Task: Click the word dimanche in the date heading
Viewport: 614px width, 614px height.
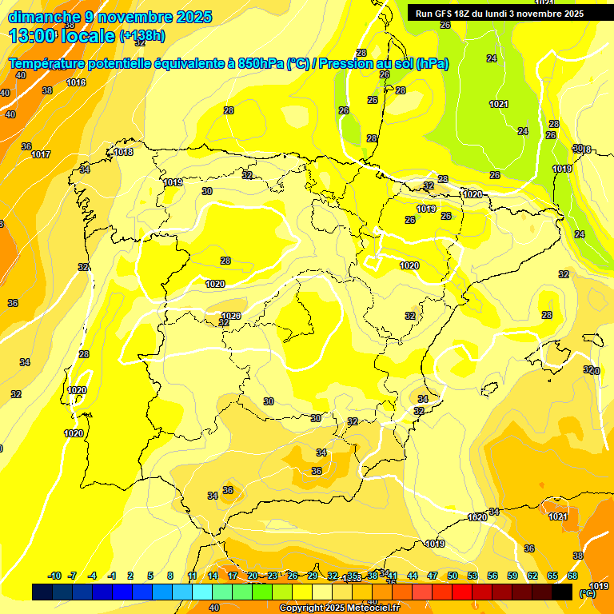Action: pyautogui.click(x=43, y=17)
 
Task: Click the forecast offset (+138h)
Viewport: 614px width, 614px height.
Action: pyautogui.click(x=142, y=36)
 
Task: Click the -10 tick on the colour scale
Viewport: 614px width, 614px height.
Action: pyautogui.click(x=54, y=576)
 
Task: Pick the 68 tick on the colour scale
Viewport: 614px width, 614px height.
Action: pyautogui.click(x=572, y=576)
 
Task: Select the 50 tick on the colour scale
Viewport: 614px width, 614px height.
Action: pyautogui.click(x=453, y=576)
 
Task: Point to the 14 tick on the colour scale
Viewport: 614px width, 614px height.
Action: pyautogui.click(x=213, y=576)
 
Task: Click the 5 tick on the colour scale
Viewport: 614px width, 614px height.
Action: pyautogui.click(x=150, y=576)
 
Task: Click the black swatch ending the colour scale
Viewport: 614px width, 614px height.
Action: pyautogui.click(x=563, y=592)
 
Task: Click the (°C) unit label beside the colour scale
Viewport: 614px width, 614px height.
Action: pyautogui.click(x=588, y=593)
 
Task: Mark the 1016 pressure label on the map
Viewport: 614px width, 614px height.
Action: pyautogui.click(x=76, y=83)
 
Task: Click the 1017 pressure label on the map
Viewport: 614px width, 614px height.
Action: pyautogui.click(x=41, y=155)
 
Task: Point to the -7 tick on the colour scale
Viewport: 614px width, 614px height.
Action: pyautogui.click(x=72, y=576)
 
